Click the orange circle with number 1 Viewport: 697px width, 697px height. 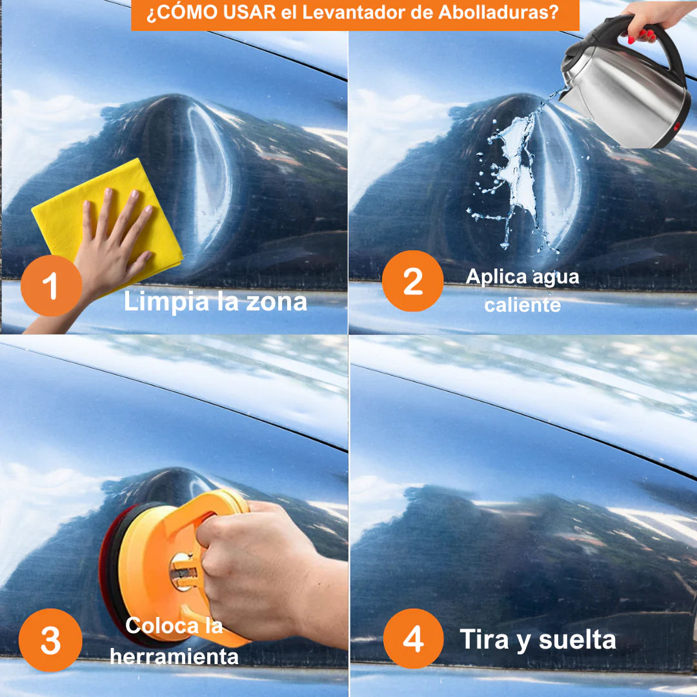pyautogui.click(x=51, y=285)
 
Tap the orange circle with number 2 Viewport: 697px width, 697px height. pyautogui.click(x=412, y=281)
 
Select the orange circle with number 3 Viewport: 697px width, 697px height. pyautogui.click(x=50, y=640)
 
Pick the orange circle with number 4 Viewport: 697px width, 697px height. pyautogui.click(x=413, y=639)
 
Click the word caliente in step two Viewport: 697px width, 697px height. pyautogui.click(x=522, y=305)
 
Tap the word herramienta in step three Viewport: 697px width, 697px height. pyautogui.click(x=174, y=657)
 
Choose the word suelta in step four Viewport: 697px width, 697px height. pyautogui.click(x=577, y=640)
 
